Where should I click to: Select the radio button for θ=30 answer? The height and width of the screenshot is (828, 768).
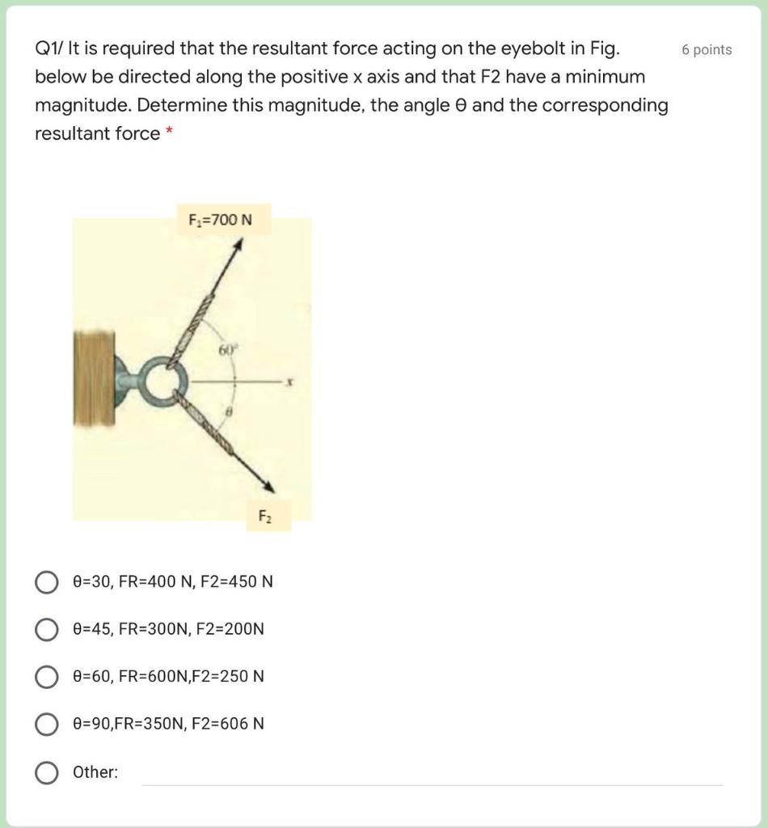coord(46,581)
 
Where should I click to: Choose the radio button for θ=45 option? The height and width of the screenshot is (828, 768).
coord(46,628)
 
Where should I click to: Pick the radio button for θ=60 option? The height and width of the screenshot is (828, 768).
coord(46,675)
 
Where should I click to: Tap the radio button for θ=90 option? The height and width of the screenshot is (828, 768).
coord(46,723)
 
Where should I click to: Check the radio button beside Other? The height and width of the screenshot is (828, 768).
coord(46,772)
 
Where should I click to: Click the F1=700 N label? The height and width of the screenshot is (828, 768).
coord(220,219)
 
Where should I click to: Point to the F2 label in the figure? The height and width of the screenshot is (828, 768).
coord(264,515)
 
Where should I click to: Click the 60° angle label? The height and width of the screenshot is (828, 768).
coord(226,350)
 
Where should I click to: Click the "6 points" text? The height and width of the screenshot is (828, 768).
coord(707,49)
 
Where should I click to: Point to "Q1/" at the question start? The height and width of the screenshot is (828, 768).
coord(48,49)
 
